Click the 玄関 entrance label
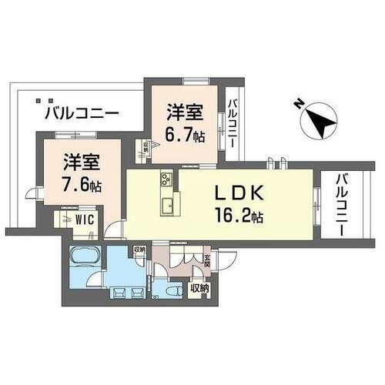206,263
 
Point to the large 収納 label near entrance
199,288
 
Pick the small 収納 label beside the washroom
139,249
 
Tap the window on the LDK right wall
317,196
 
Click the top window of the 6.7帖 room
192,80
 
